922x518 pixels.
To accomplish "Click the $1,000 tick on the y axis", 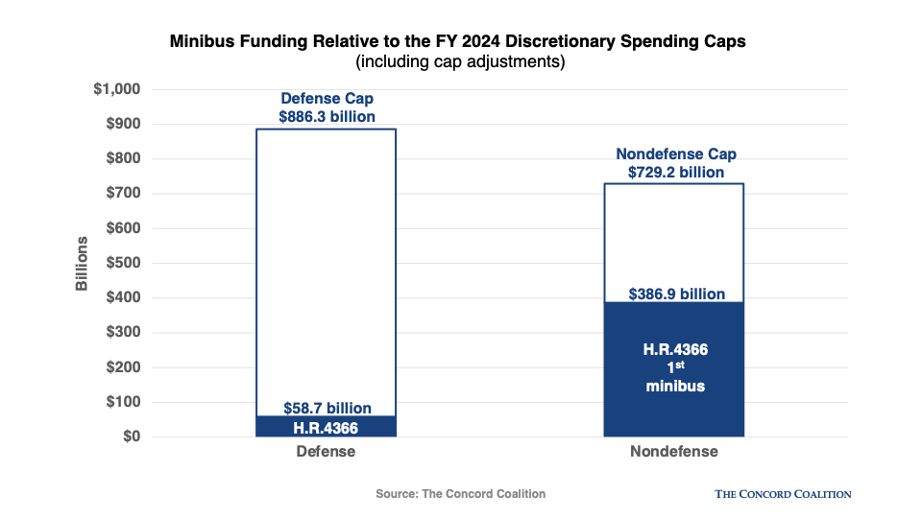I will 116,89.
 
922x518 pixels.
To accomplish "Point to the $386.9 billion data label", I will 676,294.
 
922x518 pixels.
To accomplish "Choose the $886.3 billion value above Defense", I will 327,116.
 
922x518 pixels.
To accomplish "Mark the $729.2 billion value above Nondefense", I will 676,173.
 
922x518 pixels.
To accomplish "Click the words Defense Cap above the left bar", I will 327,99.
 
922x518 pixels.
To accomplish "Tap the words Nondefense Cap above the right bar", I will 676,154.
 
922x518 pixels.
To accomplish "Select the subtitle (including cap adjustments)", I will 460,62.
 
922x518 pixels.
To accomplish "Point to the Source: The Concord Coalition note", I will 460,494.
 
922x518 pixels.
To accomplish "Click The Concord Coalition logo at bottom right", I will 783,494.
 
